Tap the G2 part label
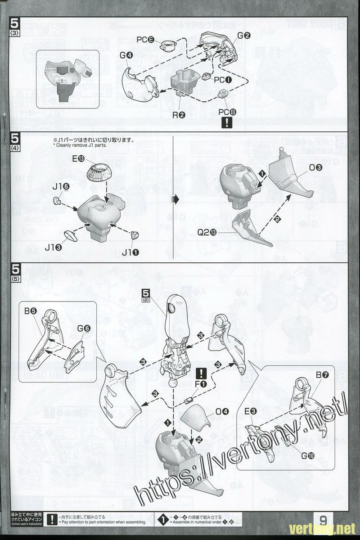tap(244, 36)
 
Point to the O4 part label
tap(222, 411)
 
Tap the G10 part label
tap(308, 455)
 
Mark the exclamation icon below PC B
tap(229, 122)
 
